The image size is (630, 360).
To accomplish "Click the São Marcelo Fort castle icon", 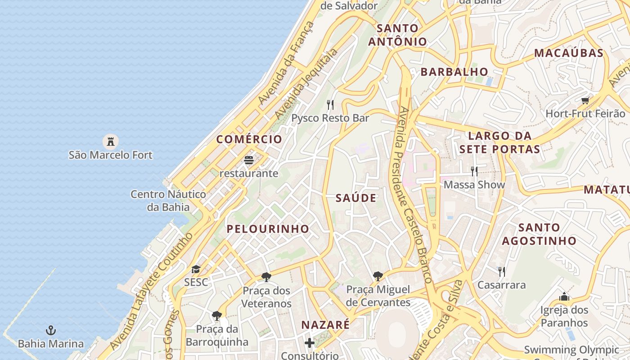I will click(110, 142).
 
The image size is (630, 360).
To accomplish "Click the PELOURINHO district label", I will click(268, 229).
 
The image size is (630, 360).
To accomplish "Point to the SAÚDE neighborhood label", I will click(356, 198).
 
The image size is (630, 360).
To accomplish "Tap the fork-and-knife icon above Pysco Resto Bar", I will click(330, 105).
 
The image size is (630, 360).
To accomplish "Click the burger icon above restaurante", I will click(248, 160).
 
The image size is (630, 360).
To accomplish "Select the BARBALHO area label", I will click(454, 72).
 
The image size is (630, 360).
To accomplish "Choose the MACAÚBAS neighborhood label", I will click(568, 53).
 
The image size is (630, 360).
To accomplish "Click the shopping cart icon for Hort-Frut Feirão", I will click(585, 101).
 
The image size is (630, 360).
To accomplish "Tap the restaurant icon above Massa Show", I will click(474, 171).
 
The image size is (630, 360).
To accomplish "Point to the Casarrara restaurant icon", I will click(501, 271).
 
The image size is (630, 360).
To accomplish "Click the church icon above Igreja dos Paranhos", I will click(564, 297).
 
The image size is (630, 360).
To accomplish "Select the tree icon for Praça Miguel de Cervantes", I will click(378, 276).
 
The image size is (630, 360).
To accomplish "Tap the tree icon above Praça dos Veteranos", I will click(266, 277).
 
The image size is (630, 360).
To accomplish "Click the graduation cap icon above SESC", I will click(196, 270).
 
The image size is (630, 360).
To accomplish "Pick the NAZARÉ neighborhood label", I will click(325, 324).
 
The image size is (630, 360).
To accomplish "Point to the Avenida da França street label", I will click(287, 63).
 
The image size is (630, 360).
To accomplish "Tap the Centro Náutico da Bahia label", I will click(168, 201).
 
